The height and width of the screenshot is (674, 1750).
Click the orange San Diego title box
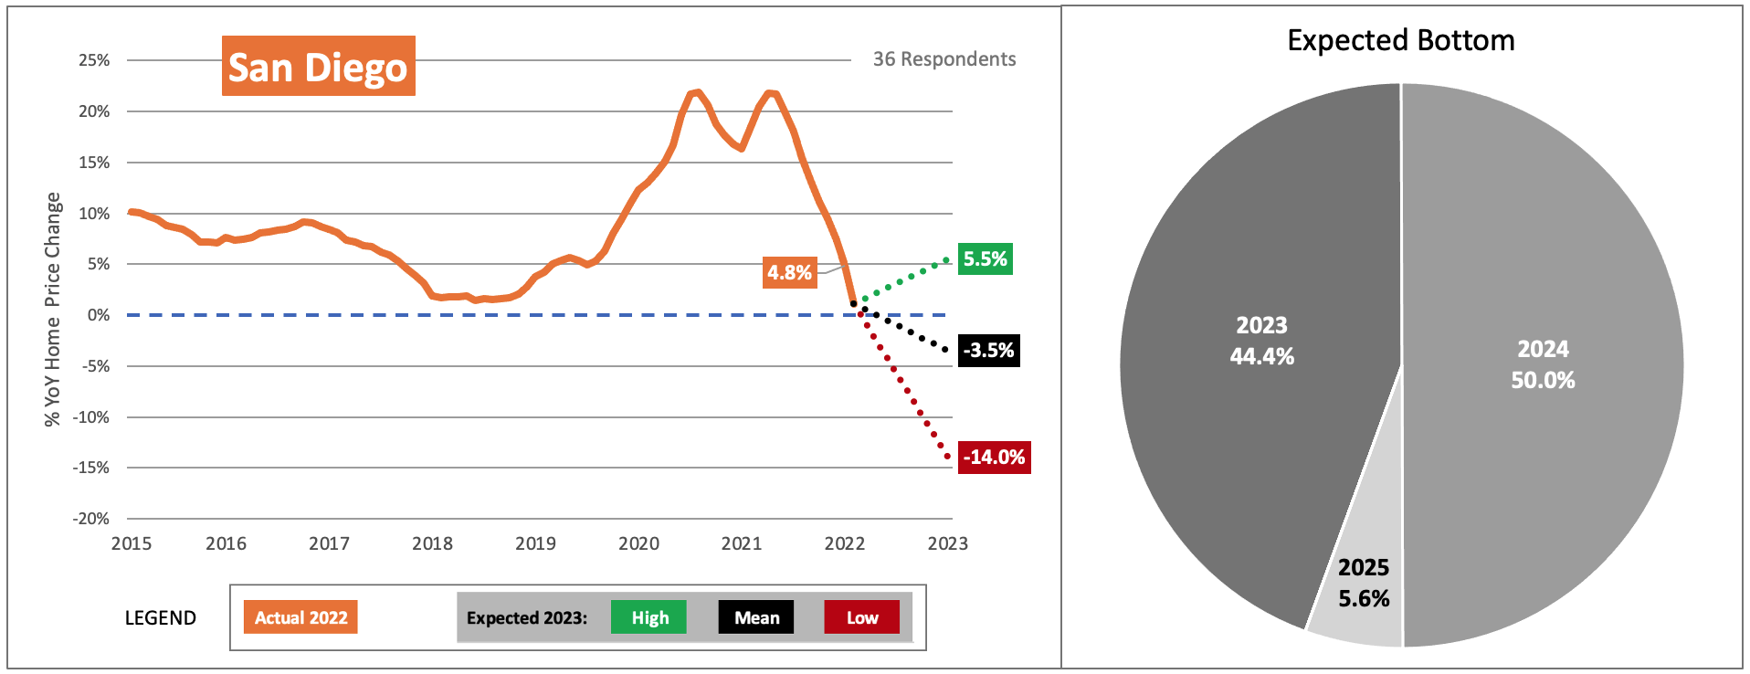(x=318, y=67)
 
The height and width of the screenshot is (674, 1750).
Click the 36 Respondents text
(x=944, y=59)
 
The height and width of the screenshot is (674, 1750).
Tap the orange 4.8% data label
(x=789, y=272)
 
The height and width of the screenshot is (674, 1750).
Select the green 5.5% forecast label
(x=985, y=259)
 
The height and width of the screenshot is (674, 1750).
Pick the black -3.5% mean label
(x=988, y=351)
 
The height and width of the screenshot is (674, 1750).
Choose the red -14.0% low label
(x=994, y=458)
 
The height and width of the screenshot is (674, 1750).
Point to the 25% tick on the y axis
(x=94, y=60)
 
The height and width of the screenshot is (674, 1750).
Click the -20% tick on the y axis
(x=91, y=519)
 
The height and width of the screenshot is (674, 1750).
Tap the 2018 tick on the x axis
(x=432, y=544)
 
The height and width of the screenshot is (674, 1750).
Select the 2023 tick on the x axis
(x=947, y=544)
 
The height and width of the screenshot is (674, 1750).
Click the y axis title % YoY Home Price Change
(x=53, y=309)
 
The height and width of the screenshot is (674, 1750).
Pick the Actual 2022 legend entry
(x=300, y=617)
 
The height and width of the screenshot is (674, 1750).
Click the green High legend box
(x=648, y=617)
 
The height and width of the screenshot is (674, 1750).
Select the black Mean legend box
(x=756, y=617)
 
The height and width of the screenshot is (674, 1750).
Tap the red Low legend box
(x=861, y=617)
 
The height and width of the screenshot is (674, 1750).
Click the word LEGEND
(x=161, y=618)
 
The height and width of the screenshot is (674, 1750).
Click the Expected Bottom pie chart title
(x=1400, y=40)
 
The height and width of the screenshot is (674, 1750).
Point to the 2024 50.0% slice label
(x=1543, y=364)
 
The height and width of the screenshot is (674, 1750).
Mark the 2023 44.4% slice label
(x=1261, y=341)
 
